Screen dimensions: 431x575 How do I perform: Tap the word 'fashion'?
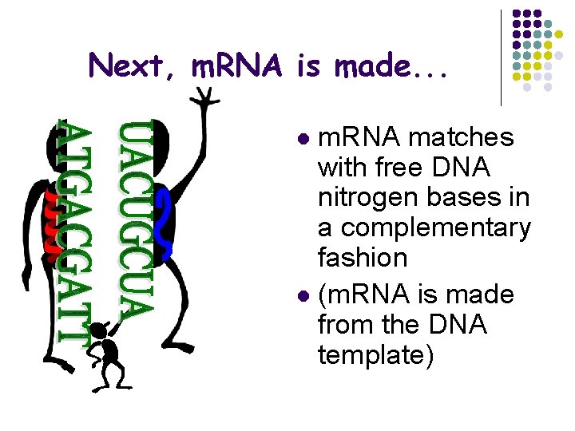[363, 258]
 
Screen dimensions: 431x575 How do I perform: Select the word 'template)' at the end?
[375, 354]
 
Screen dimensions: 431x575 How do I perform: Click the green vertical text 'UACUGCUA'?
[134, 219]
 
